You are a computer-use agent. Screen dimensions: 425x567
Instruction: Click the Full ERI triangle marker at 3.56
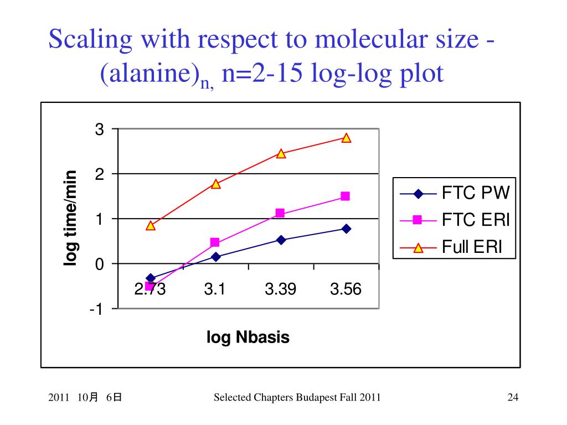click(x=347, y=138)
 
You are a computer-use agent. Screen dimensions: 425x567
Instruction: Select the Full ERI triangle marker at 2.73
click(x=151, y=226)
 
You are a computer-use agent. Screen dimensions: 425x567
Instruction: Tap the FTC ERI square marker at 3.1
click(x=215, y=242)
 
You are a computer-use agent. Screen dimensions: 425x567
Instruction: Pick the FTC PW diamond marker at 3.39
click(x=281, y=240)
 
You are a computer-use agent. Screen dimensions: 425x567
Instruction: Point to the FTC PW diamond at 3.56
click(x=346, y=229)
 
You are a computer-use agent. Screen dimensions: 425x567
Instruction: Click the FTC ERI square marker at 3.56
click(x=346, y=196)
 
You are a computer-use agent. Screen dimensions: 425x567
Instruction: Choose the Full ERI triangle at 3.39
click(x=281, y=154)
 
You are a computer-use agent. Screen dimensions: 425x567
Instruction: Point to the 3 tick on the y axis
click(x=100, y=129)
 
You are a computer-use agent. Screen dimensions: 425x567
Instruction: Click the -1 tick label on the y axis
click(x=97, y=309)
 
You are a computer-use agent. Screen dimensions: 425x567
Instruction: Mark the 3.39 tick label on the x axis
click(x=280, y=289)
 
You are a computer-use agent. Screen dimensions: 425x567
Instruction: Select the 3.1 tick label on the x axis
click(x=214, y=289)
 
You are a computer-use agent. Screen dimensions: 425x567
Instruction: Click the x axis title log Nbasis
click(x=248, y=337)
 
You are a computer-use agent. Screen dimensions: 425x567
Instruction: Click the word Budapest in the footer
click(x=315, y=397)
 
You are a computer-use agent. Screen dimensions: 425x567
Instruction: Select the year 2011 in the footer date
click(x=58, y=397)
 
